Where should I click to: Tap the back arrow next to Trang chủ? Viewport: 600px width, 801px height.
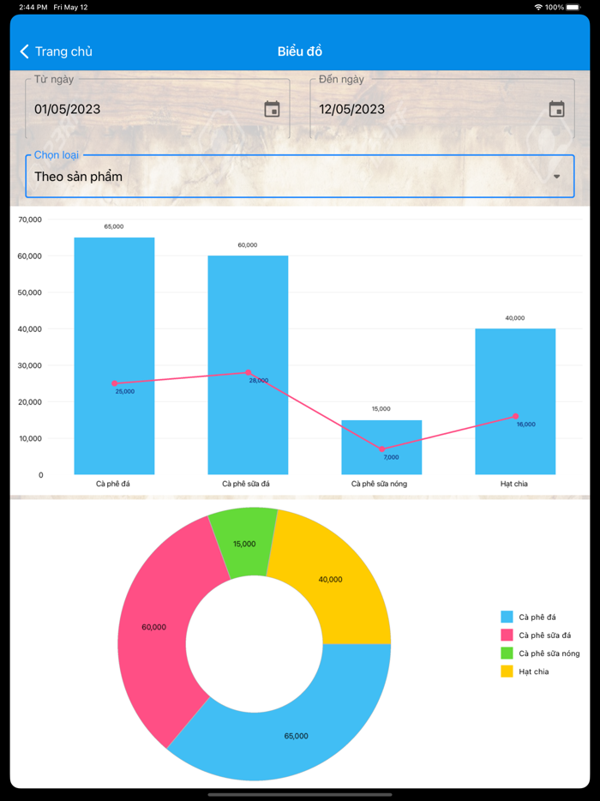click(x=24, y=51)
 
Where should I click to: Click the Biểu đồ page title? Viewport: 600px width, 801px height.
click(x=300, y=51)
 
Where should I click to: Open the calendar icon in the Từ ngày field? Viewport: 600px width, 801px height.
click(x=272, y=109)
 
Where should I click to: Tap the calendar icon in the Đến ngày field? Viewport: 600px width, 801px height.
click(x=556, y=109)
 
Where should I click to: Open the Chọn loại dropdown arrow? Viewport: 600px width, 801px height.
click(x=557, y=177)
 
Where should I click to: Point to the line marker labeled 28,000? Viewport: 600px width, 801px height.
click(x=249, y=372)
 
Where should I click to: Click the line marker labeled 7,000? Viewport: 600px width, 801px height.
click(x=382, y=449)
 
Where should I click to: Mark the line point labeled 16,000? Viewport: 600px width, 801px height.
click(x=516, y=416)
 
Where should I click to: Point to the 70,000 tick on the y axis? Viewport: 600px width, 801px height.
click(x=30, y=220)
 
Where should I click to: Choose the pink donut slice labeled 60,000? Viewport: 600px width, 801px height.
click(x=159, y=626)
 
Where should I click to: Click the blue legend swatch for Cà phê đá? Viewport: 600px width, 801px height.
click(x=507, y=617)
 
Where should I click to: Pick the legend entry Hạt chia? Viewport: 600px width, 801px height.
click(x=533, y=672)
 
